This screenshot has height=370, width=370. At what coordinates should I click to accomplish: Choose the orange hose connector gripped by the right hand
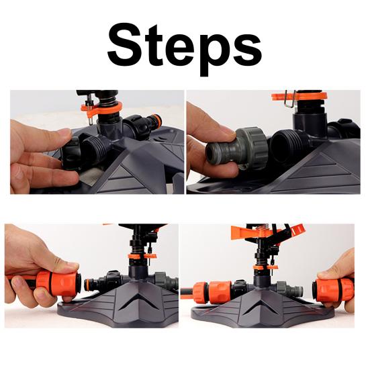[x=332, y=288]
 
